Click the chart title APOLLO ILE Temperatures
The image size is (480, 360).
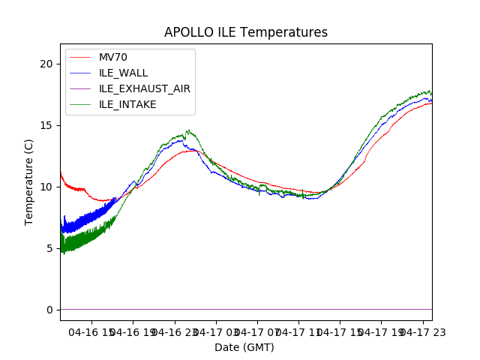246,33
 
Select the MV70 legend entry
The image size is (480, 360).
112,57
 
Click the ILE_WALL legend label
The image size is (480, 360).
123,73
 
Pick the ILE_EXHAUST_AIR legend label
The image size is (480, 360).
144,88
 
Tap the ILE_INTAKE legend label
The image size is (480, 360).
127,104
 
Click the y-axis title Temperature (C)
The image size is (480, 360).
29,181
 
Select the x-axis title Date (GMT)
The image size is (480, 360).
244,347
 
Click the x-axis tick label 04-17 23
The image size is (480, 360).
421,331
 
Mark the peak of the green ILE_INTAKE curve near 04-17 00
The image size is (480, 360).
187,130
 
